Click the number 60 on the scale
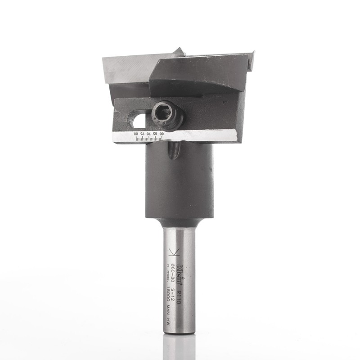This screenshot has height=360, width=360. click(x=162, y=134)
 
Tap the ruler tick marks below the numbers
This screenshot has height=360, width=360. click(x=148, y=139)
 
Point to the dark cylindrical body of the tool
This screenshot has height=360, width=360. click(x=179, y=184)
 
